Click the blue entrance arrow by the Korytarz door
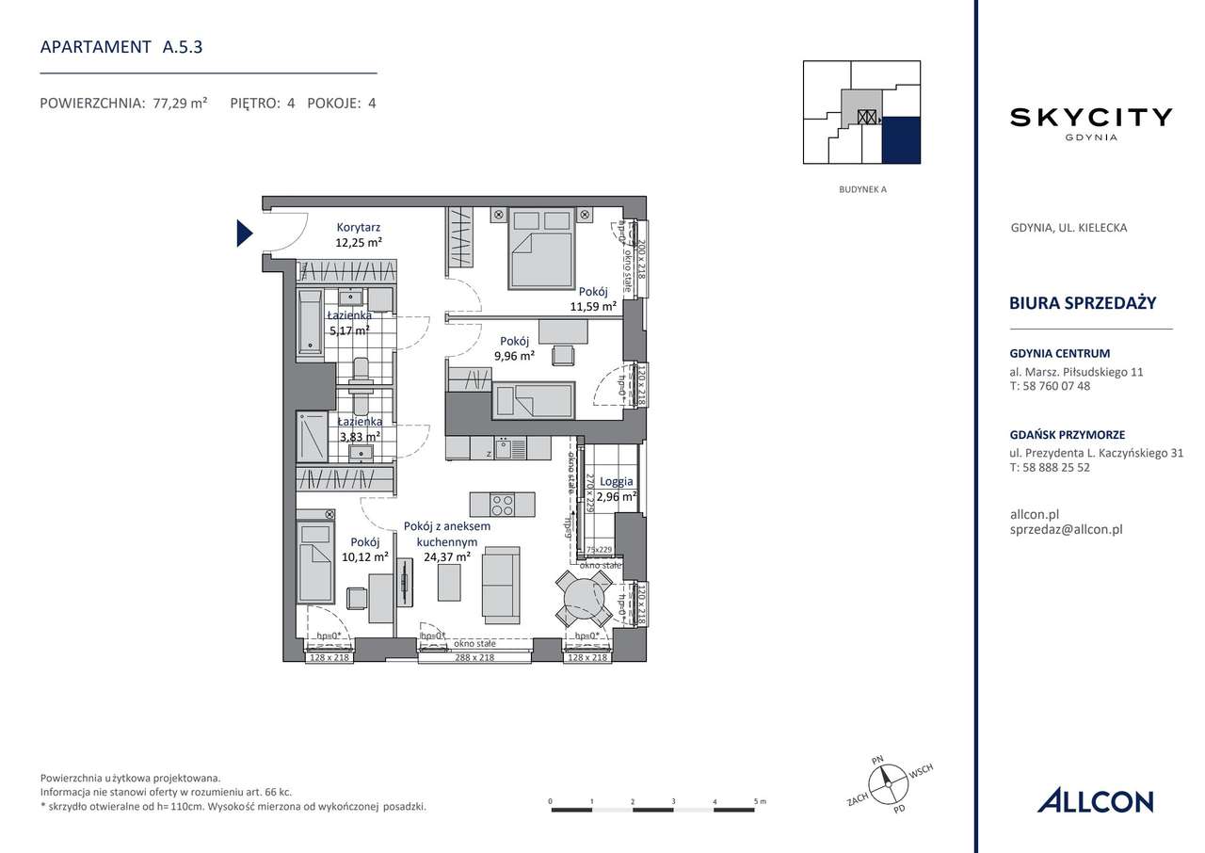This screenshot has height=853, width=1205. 244,232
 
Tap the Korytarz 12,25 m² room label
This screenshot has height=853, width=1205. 359,234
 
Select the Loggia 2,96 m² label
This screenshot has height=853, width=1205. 617,489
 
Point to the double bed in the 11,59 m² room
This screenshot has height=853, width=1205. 542,249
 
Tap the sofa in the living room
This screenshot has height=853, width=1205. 500,587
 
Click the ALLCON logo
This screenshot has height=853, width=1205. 1095,801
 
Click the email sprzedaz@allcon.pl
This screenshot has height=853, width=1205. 1066,529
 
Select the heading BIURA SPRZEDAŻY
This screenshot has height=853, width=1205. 1083,303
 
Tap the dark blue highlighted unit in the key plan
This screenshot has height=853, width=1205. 901,140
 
